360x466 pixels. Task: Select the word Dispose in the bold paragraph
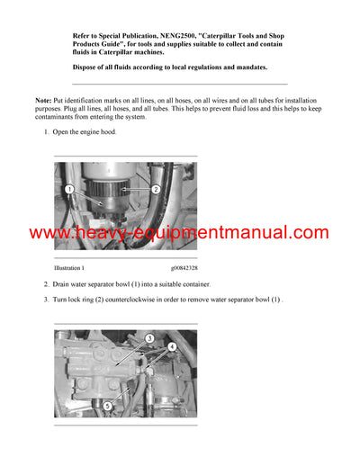pos(87,67)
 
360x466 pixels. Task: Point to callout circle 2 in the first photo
pos(155,190)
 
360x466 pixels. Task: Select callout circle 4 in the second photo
pos(172,346)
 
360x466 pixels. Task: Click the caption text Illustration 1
pos(69,267)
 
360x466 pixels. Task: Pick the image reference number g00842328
pos(184,267)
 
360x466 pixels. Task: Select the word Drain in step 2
pos(63,284)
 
